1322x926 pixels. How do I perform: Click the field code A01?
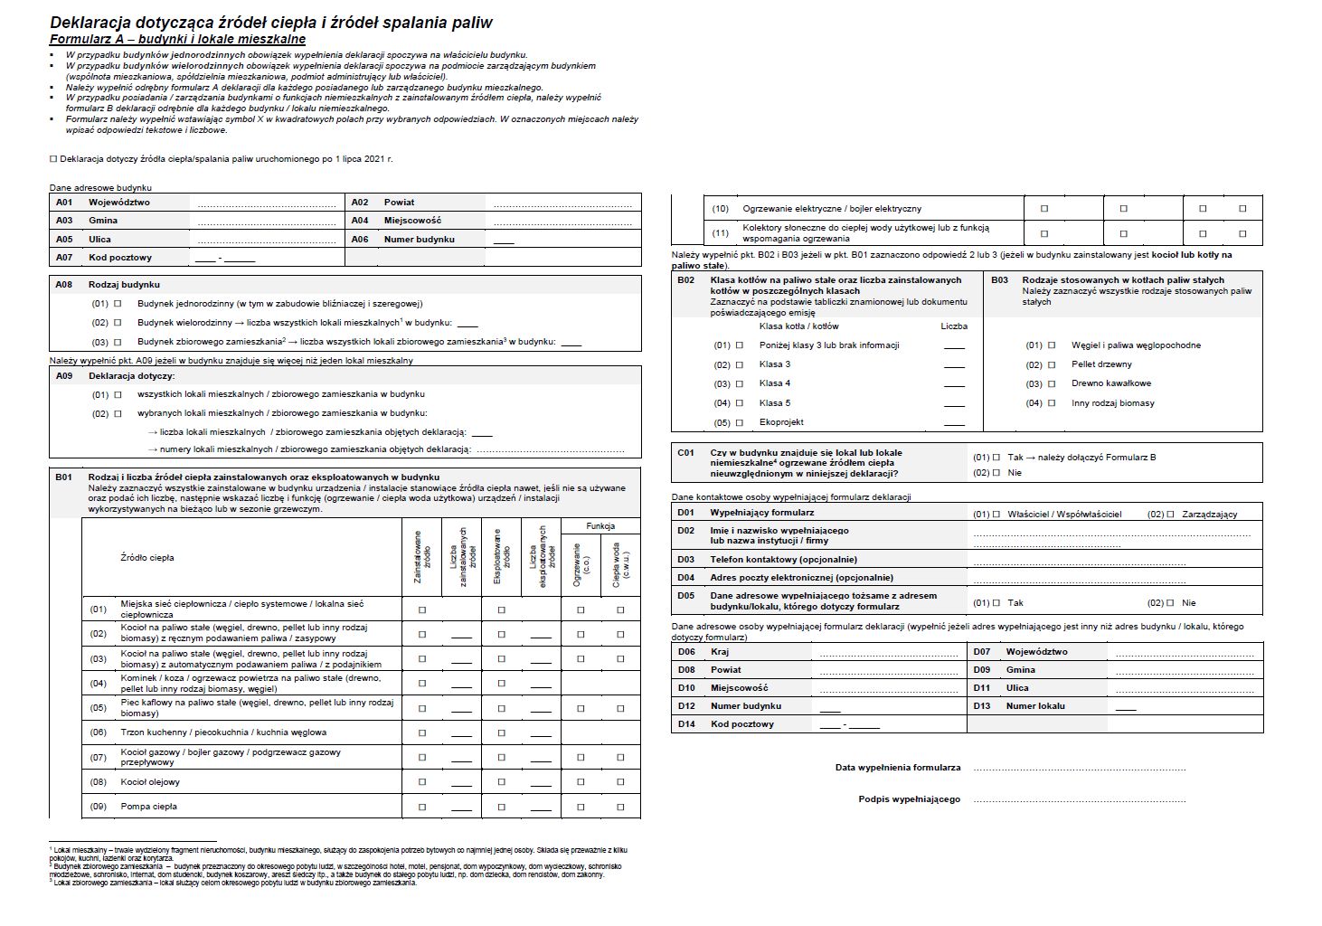(64, 203)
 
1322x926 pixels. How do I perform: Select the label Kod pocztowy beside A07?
(120, 258)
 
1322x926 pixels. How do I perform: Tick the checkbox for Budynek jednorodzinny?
(118, 304)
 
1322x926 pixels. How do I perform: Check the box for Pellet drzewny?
(1052, 364)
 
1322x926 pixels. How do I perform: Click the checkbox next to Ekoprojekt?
(740, 422)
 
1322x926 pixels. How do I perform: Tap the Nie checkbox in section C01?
(996, 472)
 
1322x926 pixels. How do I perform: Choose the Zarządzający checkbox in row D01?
(1170, 515)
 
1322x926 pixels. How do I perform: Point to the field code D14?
(687, 724)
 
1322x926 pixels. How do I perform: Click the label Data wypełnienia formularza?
(898, 768)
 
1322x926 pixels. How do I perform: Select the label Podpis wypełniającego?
(909, 799)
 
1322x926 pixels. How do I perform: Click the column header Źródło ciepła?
(147, 558)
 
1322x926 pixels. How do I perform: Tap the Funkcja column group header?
(600, 526)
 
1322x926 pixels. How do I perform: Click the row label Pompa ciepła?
(149, 807)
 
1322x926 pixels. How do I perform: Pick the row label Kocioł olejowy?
(150, 782)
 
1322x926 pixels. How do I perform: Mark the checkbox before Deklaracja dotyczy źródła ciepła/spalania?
(53, 159)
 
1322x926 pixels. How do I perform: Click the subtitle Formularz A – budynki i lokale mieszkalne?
(177, 40)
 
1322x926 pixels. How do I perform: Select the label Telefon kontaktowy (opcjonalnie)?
(783, 560)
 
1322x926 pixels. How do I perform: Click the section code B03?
(999, 280)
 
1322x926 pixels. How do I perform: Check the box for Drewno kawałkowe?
(1052, 384)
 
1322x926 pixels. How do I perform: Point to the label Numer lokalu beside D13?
(1035, 706)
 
